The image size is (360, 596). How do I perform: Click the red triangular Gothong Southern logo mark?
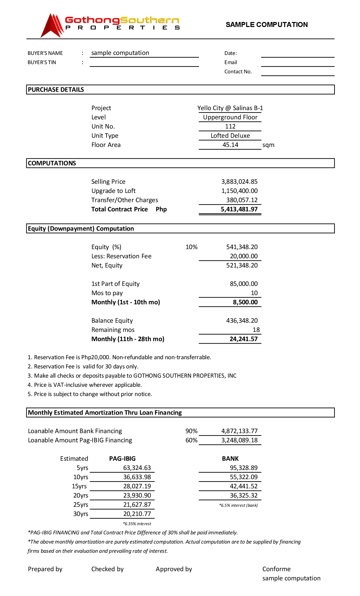pos(52,26)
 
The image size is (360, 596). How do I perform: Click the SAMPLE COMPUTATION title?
pos(266,25)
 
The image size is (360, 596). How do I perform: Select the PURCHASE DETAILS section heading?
pos(56,90)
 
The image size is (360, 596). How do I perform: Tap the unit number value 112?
pos(230,126)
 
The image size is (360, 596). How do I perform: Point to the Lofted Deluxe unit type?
pos(230,136)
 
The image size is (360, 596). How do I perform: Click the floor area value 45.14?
pos(230,145)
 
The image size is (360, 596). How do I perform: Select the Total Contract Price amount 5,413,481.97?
pos(239,209)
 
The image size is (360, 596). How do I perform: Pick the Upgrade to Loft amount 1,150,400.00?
pos(239,191)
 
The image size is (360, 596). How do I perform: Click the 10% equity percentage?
pos(191,247)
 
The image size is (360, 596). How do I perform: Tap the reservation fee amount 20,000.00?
pos(243,256)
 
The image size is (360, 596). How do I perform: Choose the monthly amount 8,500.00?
pos(245,302)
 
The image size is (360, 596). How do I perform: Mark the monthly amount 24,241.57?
pos(243,339)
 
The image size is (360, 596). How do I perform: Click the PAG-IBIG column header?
pos(122,459)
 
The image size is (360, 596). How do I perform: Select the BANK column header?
pos(230,459)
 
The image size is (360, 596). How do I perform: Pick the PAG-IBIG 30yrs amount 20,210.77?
pos(137,514)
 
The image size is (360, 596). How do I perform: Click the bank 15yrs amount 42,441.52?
pos(243,486)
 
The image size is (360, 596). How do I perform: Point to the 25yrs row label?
pos(81,505)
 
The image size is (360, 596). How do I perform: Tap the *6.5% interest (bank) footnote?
pos(238,505)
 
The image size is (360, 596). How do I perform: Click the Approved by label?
pos(174,569)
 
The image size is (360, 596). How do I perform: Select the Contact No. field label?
pos(238,71)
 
